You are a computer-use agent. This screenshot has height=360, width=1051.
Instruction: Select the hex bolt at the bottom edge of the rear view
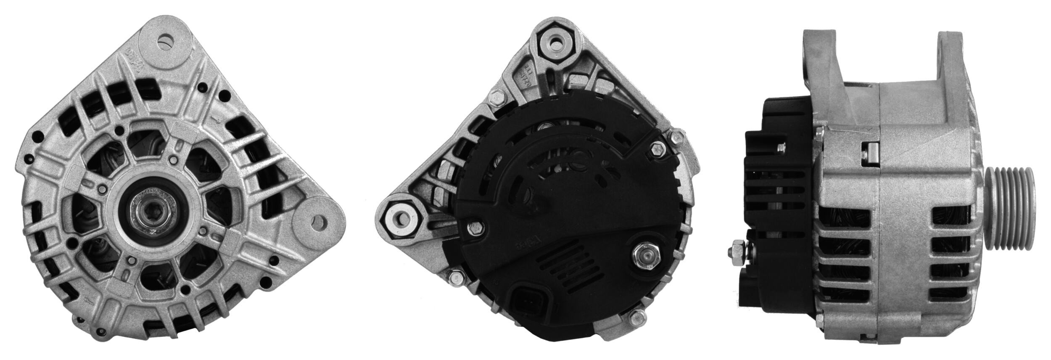point(638,327)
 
